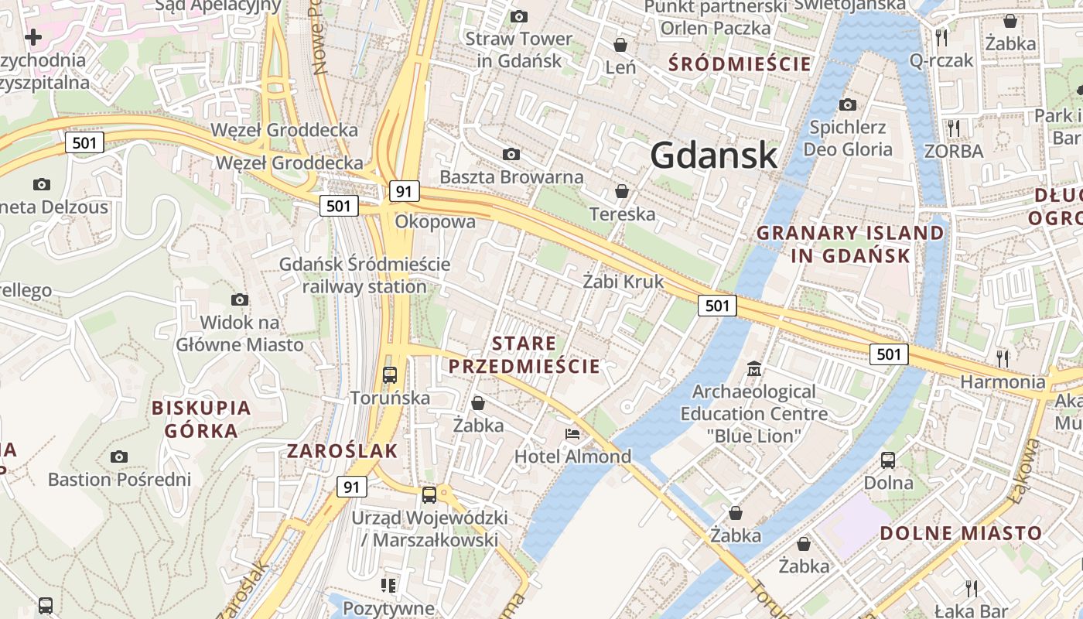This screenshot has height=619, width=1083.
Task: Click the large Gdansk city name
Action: click(713, 156)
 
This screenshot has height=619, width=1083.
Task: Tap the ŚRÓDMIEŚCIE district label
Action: click(740, 63)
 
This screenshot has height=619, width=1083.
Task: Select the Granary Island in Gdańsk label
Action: click(850, 244)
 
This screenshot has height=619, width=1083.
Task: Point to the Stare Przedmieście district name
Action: click(524, 354)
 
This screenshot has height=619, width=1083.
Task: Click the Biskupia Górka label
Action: click(201, 419)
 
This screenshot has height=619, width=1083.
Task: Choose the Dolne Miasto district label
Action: click(961, 533)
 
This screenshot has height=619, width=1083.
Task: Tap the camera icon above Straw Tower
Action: click(519, 16)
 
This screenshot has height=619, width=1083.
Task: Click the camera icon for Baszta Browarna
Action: click(511, 155)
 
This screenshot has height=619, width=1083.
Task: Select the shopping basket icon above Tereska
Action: click(621, 191)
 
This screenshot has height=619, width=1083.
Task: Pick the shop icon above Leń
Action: click(620, 45)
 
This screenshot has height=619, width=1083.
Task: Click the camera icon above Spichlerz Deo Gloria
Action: click(847, 104)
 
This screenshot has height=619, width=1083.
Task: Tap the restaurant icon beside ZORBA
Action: click(953, 127)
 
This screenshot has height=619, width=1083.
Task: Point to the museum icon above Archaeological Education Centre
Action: click(753, 368)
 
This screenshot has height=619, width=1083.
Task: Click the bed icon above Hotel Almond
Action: click(572, 434)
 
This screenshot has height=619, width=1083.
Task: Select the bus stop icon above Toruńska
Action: click(390, 375)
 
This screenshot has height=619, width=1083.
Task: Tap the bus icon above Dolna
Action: click(888, 460)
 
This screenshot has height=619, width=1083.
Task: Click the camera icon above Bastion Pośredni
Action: click(118, 457)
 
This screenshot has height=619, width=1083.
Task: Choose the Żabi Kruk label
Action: click(623, 282)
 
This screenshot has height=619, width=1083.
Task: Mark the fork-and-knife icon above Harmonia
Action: click(1003, 357)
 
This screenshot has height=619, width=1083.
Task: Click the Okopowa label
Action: click(435, 222)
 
